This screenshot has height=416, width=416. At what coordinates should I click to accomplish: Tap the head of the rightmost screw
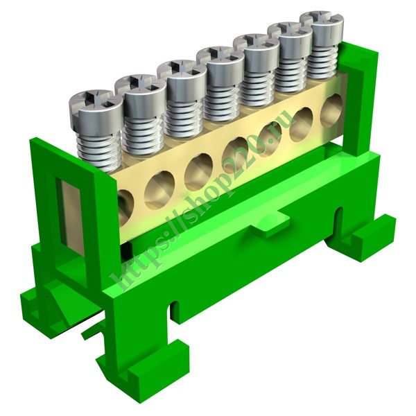pos(322,25)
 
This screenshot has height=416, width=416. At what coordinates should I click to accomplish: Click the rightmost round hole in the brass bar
pos(331,110)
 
